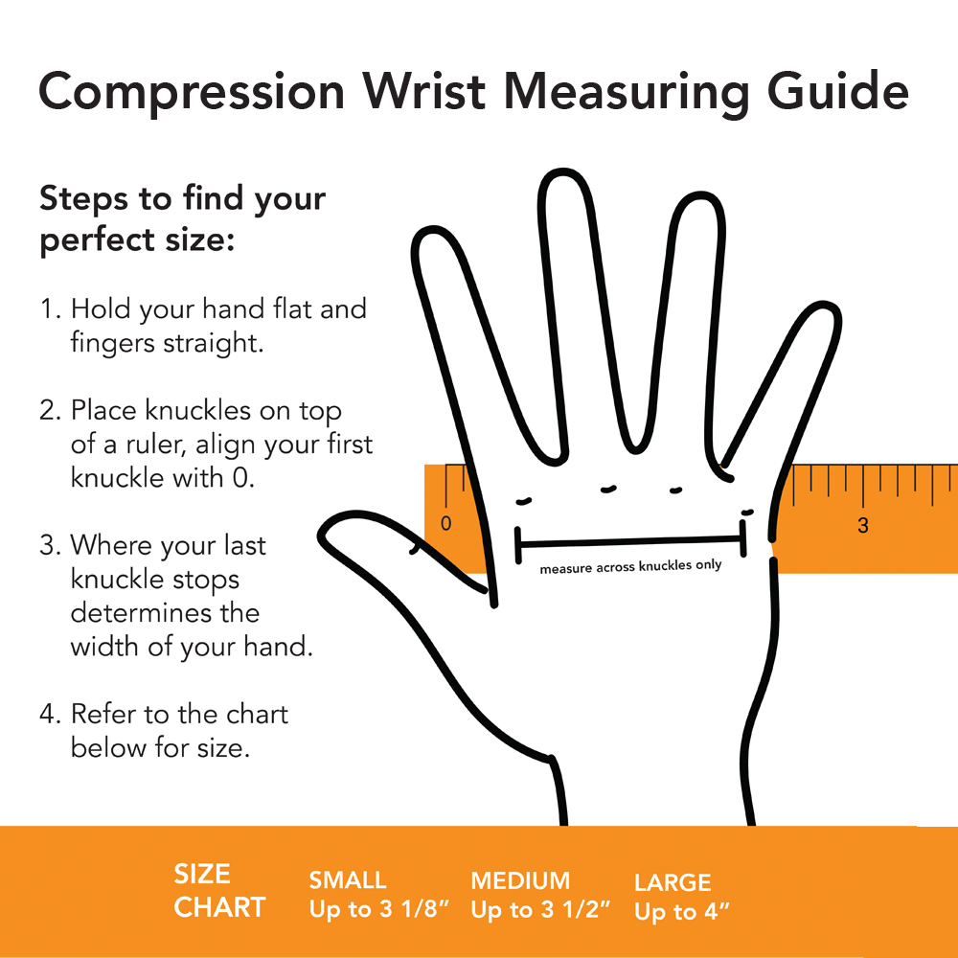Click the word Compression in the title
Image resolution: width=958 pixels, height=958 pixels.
[192, 92]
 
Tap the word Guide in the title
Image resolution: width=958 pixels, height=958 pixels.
[837, 91]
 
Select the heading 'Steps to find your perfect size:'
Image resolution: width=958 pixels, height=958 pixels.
[183, 218]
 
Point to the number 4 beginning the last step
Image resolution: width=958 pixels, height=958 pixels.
[48, 715]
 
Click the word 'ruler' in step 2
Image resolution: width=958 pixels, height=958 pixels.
[155, 445]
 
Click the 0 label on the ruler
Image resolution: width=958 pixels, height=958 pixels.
[446, 524]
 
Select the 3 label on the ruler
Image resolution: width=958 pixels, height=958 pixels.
[863, 525]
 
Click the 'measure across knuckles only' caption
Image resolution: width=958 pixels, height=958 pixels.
[630, 567]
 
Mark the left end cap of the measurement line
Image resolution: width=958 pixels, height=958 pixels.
[518, 544]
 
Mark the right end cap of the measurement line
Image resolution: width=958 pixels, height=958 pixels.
[743, 538]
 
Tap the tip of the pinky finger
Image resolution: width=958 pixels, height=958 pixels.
[826, 305]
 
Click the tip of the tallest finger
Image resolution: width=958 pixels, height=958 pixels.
[562, 171]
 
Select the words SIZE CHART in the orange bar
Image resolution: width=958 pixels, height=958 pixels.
[220, 891]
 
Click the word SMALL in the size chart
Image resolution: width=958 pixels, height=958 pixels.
[348, 880]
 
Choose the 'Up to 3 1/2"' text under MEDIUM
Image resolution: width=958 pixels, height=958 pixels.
[540, 910]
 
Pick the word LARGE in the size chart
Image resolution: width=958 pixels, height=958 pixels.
[673, 883]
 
